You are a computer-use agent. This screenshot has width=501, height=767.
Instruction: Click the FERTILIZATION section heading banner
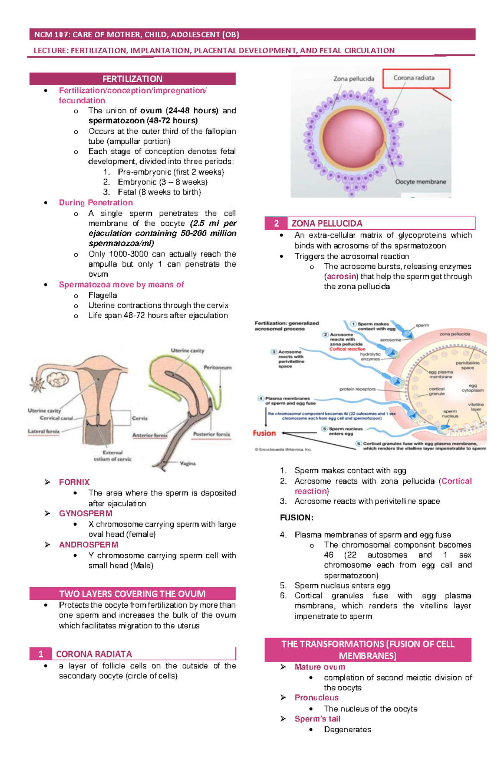pyautogui.click(x=132, y=79)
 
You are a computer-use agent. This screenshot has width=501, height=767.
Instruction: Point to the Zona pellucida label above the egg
pyautogui.click(x=354, y=79)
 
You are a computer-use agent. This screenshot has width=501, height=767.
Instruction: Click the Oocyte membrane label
pyautogui.click(x=420, y=182)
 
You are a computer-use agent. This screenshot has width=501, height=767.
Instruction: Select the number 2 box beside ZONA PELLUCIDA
pyautogui.click(x=276, y=224)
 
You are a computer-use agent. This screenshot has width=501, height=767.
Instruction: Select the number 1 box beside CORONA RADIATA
pyautogui.click(x=40, y=654)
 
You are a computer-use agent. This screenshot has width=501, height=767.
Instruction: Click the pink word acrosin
pyautogui.click(x=342, y=276)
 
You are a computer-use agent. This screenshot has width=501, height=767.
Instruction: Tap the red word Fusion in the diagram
pyautogui.click(x=264, y=433)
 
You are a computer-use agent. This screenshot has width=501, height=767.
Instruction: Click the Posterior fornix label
pyautogui.click(x=211, y=434)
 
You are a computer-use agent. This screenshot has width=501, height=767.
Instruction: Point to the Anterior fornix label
pyautogui.click(x=149, y=435)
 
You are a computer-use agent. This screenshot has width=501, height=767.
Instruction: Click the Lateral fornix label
pyautogui.click(x=44, y=431)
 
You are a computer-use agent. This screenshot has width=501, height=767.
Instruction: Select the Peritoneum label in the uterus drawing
pyautogui.click(x=218, y=367)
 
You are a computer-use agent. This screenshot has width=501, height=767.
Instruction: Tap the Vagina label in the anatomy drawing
pyautogui.click(x=187, y=463)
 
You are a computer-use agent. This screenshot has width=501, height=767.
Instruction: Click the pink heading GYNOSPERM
pyautogui.click(x=86, y=513)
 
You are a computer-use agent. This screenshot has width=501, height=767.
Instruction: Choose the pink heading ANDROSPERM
pyautogui.click(x=89, y=545)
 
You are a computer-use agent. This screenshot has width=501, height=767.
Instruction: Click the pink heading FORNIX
pyautogui.click(x=74, y=482)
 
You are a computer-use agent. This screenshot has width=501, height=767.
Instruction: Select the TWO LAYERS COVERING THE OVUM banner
pyautogui.click(x=132, y=594)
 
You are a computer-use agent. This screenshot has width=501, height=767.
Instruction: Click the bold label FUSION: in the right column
pyautogui.click(x=296, y=517)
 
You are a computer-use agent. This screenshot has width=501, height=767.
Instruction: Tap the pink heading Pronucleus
pyautogui.click(x=316, y=698)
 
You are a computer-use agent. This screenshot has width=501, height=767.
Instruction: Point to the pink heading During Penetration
pyautogui.click(x=96, y=203)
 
